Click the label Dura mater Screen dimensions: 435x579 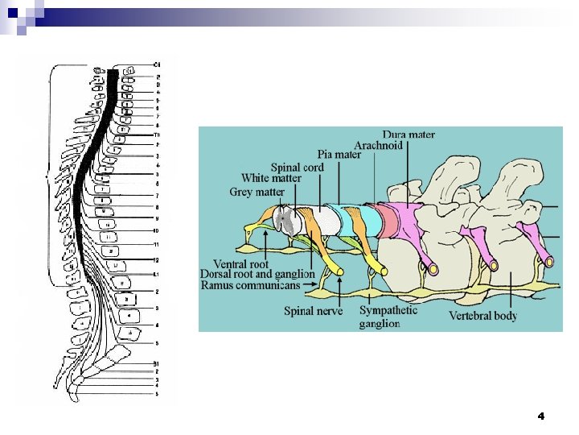pyautogui.click(x=409, y=135)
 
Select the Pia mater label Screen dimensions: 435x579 pyautogui.click(x=339, y=155)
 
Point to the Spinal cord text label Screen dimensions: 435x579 pyautogui.click(x=297, y=167)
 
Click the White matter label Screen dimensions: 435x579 pyautogui.click(x=271, y=178)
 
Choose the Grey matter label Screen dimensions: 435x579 pyautogui.click(x=257, y=192)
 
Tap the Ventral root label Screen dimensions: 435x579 pyautogui.click(x=241, y=263)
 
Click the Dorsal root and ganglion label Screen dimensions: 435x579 pyautogui.click(x=257, y=274)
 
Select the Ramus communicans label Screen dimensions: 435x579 pyautogui.click(x=251, y=284)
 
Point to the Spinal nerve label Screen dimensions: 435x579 pyautogui.click(x=314, y=310)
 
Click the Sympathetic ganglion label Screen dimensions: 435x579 pyautogui.click(x=388, y=316)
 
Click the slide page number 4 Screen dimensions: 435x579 pyautogui.click(x=540, y=416)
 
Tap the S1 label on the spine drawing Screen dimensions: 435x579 pyautogui.click(x=157, y=365)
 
